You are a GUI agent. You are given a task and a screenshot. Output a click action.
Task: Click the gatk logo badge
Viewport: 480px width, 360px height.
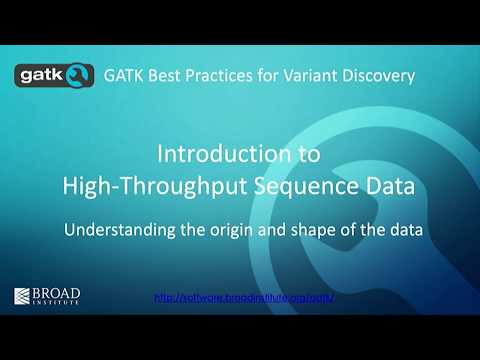click(x=51, y=75)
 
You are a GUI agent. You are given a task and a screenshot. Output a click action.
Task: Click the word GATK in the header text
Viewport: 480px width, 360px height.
click(x=125, y=75)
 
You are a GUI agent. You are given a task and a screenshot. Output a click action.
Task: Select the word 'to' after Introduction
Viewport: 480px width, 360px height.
click(x=311, y=155)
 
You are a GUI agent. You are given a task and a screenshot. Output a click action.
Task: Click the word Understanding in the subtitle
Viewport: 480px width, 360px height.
click(x=118, y=229)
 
